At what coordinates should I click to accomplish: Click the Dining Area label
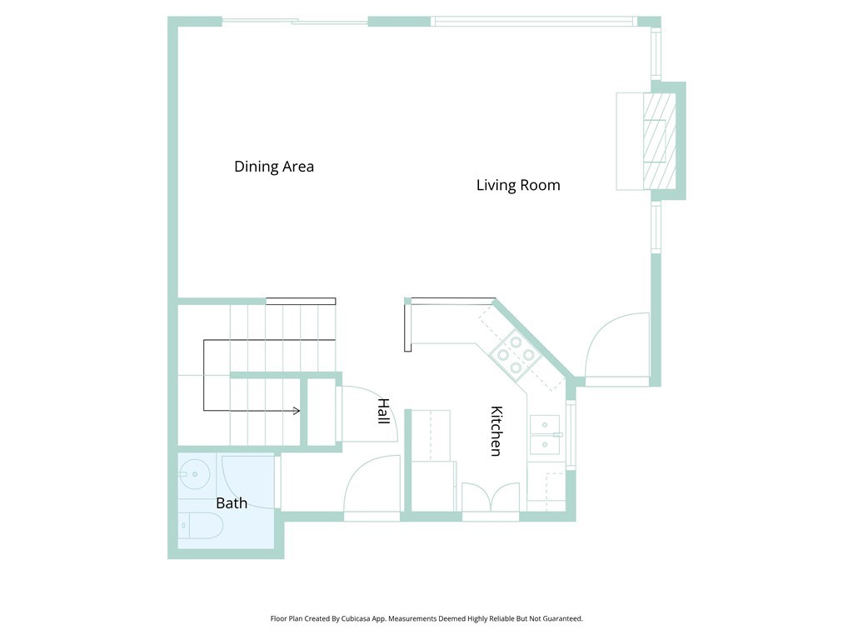[273, 167]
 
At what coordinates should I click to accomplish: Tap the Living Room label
[518, 185]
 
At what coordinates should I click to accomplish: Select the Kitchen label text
[496, 431]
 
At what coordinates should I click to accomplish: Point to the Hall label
[383, 411]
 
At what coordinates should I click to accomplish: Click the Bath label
[232, 502]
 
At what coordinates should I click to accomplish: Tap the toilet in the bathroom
[201, 525]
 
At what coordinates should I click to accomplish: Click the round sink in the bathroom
[193, 474]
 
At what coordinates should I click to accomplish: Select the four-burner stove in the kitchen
[515, 355]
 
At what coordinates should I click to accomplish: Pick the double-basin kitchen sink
[545, 435]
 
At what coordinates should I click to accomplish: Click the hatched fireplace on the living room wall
[660, 141]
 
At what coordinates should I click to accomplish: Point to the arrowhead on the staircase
[297, 410]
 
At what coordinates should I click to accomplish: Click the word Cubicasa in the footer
[355, 619]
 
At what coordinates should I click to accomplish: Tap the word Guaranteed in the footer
[564, 619]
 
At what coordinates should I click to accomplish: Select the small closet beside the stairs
[321, 412]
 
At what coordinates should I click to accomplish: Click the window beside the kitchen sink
[571, 434]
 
